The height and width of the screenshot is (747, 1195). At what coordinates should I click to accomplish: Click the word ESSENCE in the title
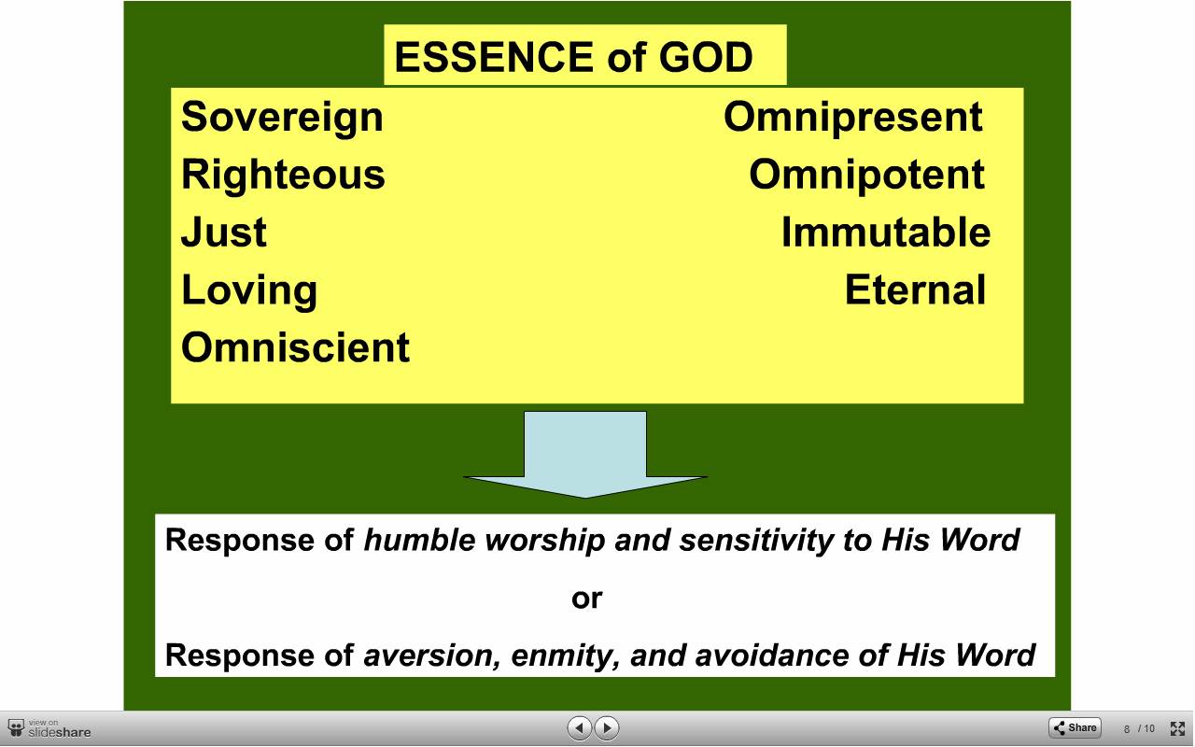point(494,57)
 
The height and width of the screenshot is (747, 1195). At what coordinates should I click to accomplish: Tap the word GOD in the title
point(706,57)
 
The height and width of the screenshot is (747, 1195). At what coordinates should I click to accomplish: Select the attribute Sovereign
point(282,119)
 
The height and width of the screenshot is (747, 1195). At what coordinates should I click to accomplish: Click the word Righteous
point(283,176)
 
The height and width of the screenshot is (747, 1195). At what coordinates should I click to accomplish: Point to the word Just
point(224,233)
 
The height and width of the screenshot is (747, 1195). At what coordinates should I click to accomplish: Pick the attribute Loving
point(249,291)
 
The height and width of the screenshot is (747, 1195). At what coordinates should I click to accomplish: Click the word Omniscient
point(296,347)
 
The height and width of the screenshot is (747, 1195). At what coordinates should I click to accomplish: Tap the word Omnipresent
point(853,119)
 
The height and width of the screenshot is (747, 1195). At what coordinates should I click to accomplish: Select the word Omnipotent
point(867,175)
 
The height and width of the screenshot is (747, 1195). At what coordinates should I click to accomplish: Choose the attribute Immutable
point(886,233)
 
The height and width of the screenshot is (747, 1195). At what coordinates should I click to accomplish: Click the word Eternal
point(916,289)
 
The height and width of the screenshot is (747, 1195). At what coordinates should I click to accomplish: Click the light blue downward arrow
point(585,455)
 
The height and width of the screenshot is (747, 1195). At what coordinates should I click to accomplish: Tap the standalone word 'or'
point(587,599)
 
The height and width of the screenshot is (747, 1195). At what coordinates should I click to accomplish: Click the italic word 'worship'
point(544,540)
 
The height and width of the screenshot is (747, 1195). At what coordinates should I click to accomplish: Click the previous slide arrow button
point(580,727)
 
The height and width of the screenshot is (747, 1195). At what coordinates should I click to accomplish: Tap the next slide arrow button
point(607,727)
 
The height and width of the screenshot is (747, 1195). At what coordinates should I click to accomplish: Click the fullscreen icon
point(1177,728)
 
